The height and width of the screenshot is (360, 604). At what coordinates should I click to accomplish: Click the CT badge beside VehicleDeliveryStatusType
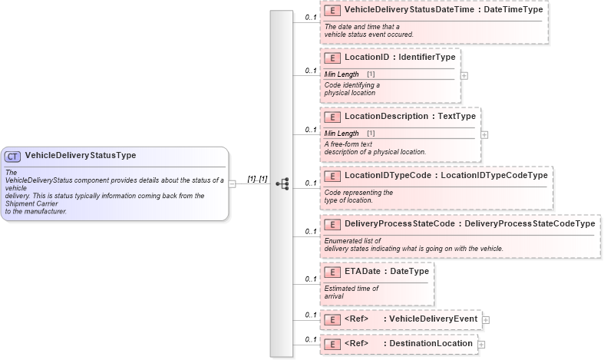(x=13, y=156)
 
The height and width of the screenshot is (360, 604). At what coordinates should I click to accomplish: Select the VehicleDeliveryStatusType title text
(x=81, y=155)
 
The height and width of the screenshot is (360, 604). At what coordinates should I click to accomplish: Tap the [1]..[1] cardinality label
(x=257, y=179)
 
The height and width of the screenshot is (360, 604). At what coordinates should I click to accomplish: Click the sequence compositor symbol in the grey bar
(x=282, y=183)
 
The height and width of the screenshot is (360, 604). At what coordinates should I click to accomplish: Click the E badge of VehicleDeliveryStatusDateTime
(x=332, y=10)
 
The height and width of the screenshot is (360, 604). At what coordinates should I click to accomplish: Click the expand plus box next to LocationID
(x=464, y=76)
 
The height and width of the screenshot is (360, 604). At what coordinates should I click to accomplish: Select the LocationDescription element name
(x=386, y=116)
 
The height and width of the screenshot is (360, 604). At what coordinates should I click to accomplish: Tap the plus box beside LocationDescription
(x=484, y=134)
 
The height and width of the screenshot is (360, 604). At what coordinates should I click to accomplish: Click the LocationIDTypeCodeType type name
(x=494, y=175)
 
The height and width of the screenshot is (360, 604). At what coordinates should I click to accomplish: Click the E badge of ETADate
(x=332, y=272)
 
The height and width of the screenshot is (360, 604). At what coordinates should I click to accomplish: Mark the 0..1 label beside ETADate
(x=311, y=279)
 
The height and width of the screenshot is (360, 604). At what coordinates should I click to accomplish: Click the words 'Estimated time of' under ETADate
(x=352, y=288)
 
